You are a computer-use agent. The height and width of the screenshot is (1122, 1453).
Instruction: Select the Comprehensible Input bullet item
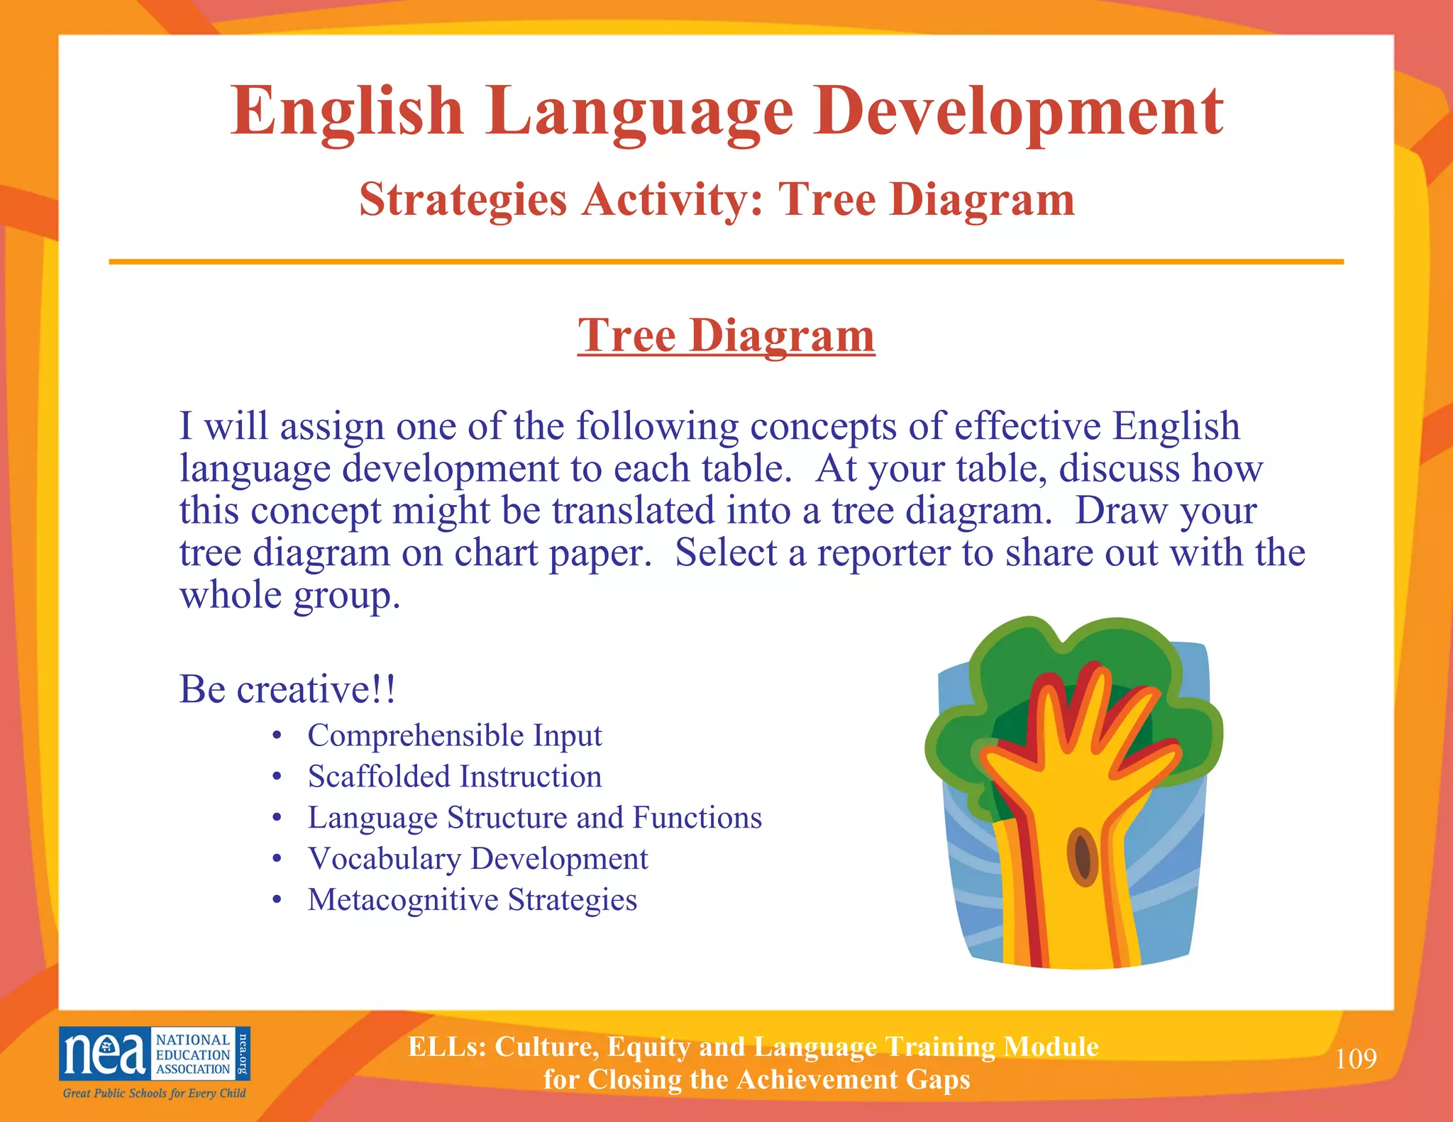click(454, 735)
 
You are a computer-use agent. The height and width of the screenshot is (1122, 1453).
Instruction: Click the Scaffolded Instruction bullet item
click(454, 777)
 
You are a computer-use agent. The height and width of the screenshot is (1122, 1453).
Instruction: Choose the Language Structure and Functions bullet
click(534, 818)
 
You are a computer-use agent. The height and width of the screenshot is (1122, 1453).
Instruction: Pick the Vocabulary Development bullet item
click(477, 859)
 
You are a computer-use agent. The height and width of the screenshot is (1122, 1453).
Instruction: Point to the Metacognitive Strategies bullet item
click(472, 900)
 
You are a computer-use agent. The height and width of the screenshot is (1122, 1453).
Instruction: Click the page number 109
click(1356, 1059)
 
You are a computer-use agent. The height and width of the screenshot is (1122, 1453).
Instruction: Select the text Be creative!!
click(287, 689)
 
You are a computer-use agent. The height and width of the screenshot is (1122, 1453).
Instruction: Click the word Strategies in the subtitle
click(463, 199)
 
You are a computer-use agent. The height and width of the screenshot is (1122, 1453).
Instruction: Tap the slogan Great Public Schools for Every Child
click(154, 1093)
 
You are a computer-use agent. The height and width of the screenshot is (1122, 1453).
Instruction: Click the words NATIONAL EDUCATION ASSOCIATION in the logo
click(192, 1055)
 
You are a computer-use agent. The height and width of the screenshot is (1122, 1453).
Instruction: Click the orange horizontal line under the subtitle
click(726, 262)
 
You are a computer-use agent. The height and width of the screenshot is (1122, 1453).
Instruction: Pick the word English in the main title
click(347, 111)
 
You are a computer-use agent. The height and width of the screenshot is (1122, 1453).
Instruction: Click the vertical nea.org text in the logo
click(243, 1053)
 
